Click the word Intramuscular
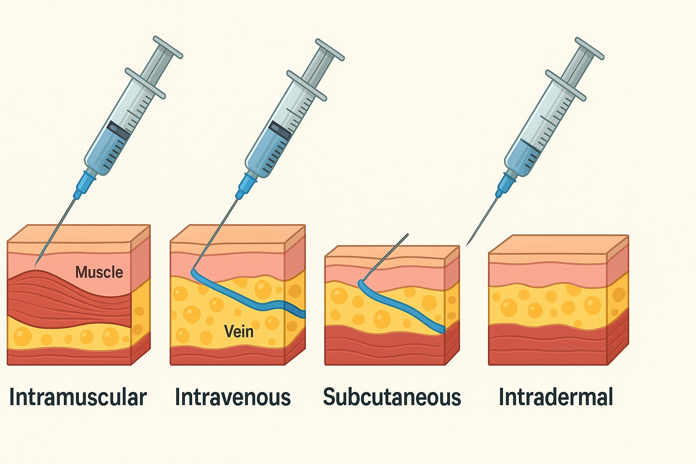pos(78,397)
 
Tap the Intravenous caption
pos(232,397)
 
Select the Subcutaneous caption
pos(392,397)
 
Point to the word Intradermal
pos(556,397)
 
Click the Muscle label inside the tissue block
pos(99,272)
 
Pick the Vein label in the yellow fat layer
pos(239,331)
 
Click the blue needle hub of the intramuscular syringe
pos(85,183)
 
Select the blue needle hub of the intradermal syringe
pos(506,184)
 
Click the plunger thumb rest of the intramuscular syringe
pos(168,47)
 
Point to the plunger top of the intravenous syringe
pos(330,49)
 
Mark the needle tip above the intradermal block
pos(468,243)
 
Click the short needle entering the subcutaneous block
pos(385,257)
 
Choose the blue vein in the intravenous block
pos(245,297)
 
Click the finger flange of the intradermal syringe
pos(565,85)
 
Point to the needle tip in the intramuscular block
pos(36,264)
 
